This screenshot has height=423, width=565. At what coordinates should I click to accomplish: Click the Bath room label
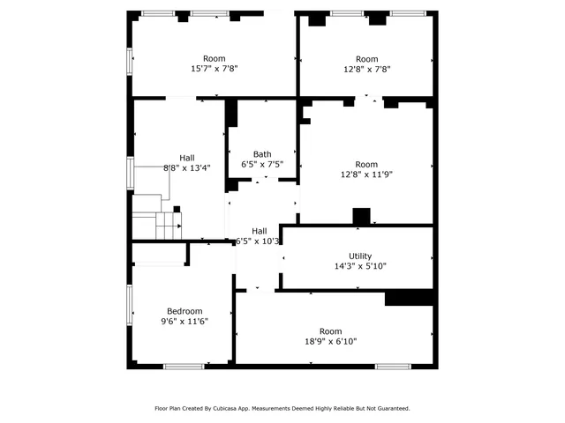coord(262,153)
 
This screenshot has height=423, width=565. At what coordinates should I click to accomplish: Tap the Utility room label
coord(359,256)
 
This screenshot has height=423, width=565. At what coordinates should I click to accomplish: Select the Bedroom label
coord(185,311)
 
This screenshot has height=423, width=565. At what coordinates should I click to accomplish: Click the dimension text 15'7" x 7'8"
coord(215,69)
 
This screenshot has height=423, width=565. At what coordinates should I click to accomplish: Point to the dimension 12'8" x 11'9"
coord(366,174)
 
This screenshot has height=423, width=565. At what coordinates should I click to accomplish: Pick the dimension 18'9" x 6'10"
coord(331,342)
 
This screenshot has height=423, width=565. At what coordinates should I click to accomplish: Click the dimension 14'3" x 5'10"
coord(359,266)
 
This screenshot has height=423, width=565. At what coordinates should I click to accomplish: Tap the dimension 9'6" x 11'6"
coord(185,322)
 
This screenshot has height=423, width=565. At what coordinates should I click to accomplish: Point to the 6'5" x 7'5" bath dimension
coord(262,164)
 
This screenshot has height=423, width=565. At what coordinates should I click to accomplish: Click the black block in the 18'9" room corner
coord(409,298)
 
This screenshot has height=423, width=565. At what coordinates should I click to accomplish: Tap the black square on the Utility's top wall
coord(360,217)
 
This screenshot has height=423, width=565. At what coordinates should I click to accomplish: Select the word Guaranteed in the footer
coord(390,408)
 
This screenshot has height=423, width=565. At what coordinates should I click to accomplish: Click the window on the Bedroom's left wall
coord(130,303)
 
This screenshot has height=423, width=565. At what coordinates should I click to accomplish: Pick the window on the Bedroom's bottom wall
coord(184,366)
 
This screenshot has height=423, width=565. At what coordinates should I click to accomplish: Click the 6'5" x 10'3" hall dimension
coord(258,241)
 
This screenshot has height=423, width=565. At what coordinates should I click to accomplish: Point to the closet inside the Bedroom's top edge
coord(160,254)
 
